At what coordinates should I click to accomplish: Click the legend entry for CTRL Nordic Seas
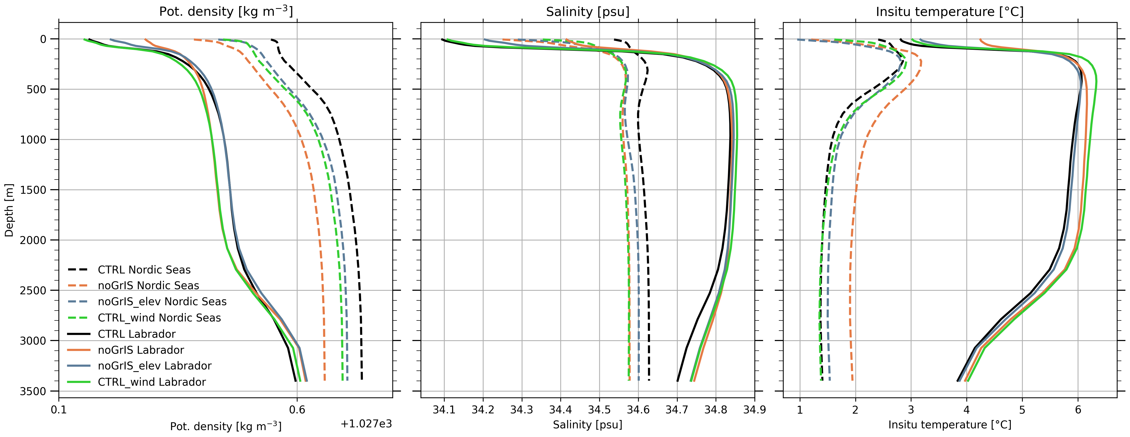(x=144, y=270)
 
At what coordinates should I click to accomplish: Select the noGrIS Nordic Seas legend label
(x=148, y=286)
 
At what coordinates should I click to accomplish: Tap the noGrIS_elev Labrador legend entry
(x=154, y=366)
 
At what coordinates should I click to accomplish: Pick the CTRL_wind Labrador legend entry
(x=152, y=382)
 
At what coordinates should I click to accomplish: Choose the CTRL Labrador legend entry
(x=136, y=334)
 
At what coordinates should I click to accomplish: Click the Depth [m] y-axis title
(x=9, y=211)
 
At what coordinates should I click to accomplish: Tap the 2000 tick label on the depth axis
(x=33, y=240)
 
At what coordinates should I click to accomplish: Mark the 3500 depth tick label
(x=33, y=391)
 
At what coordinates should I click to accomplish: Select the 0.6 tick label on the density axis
(x=297, y=410)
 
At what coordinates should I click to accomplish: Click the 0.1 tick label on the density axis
(x=59, y=410)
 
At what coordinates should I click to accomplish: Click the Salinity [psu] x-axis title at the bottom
(x=587, y=425)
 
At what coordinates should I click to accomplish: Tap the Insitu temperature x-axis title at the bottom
(x=950, y=425)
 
